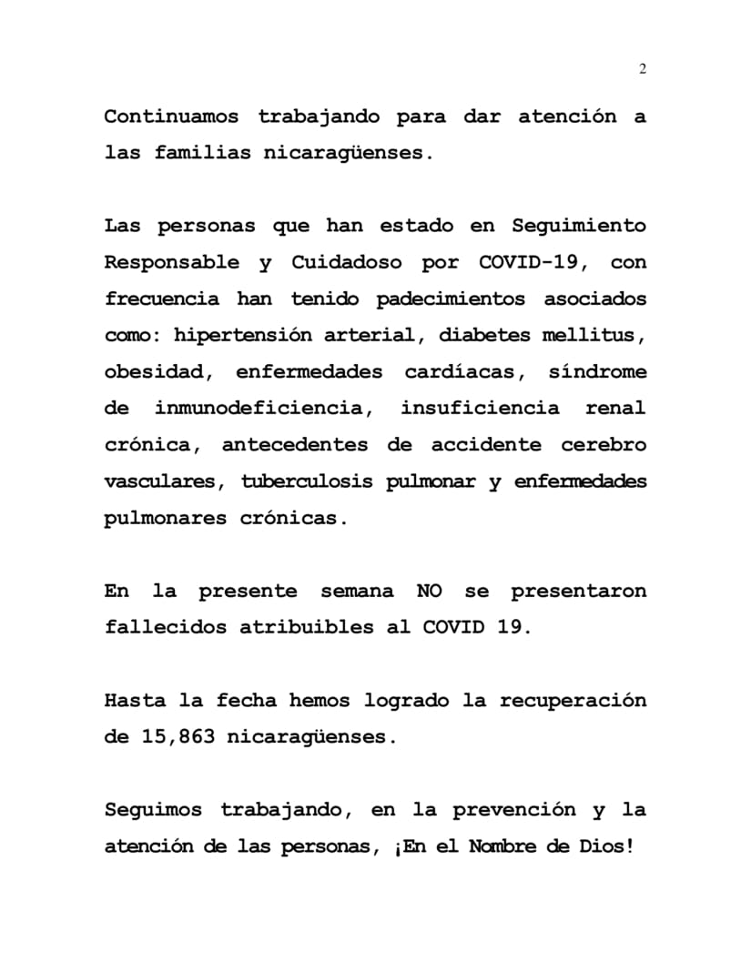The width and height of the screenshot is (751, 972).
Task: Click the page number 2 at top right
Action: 643,69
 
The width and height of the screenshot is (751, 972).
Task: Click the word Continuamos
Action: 171,117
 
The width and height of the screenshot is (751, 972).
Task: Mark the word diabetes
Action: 485,335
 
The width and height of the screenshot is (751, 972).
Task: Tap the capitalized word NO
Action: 429,591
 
